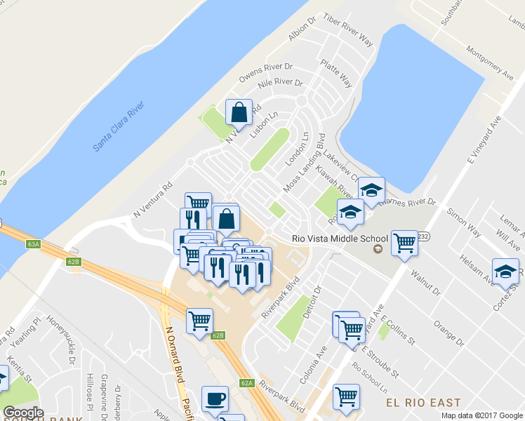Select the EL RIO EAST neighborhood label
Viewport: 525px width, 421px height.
[424, 403]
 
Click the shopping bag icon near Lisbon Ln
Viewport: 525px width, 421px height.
[239, 113]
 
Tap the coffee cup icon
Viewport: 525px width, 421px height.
[215, 399]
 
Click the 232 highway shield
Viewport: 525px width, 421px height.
[423, 237]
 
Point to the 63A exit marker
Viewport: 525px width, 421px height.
[33, 244]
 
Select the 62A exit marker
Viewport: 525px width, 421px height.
[246, 383]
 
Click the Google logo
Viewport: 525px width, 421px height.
[23, 413]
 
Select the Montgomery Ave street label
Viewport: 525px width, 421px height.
[491, 62]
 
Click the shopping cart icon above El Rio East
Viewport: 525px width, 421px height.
[346, 397]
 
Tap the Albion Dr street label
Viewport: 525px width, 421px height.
[298, 31]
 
